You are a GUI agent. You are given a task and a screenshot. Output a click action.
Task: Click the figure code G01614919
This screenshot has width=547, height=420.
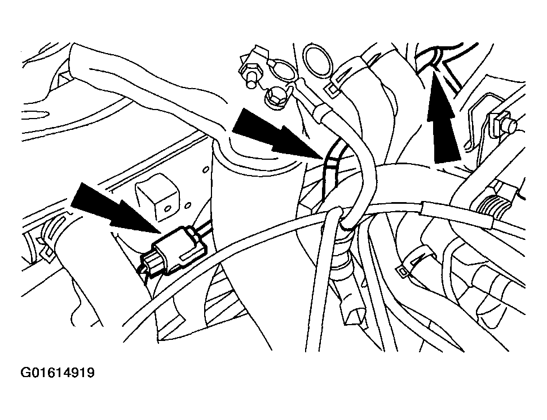tap(58, 373)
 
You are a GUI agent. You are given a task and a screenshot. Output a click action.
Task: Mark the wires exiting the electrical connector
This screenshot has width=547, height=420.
tap(206, 229)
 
